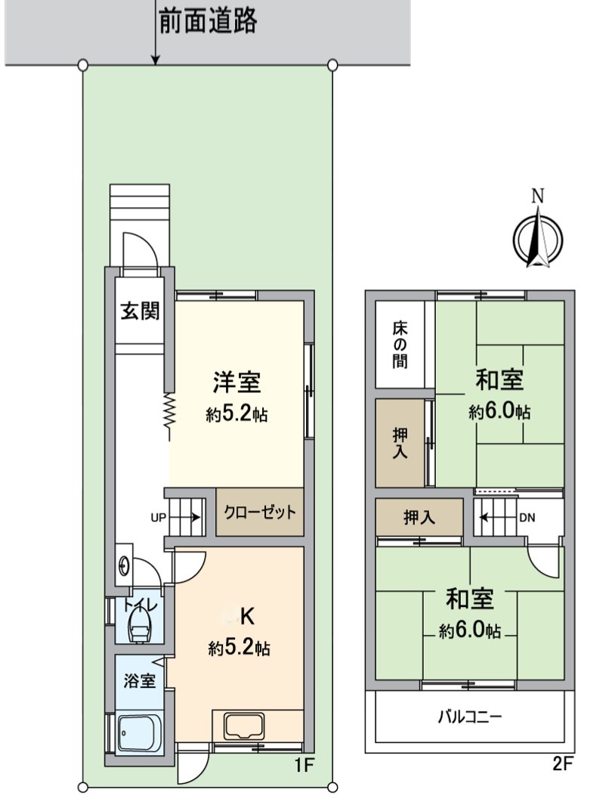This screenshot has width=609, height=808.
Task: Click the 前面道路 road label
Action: tap(208, 21)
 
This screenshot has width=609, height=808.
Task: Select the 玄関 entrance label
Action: tap(140, 311)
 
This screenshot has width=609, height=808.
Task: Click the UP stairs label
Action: tap(158, 519)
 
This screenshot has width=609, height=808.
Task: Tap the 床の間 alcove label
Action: tap(400, 345)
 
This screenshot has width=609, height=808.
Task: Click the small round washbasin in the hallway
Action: tap(125, 564)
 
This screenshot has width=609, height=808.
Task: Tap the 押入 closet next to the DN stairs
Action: tap(419, 518)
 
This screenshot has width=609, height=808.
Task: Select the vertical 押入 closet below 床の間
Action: tap(400, 442)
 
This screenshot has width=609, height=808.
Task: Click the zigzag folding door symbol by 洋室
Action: tap(170, 416)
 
